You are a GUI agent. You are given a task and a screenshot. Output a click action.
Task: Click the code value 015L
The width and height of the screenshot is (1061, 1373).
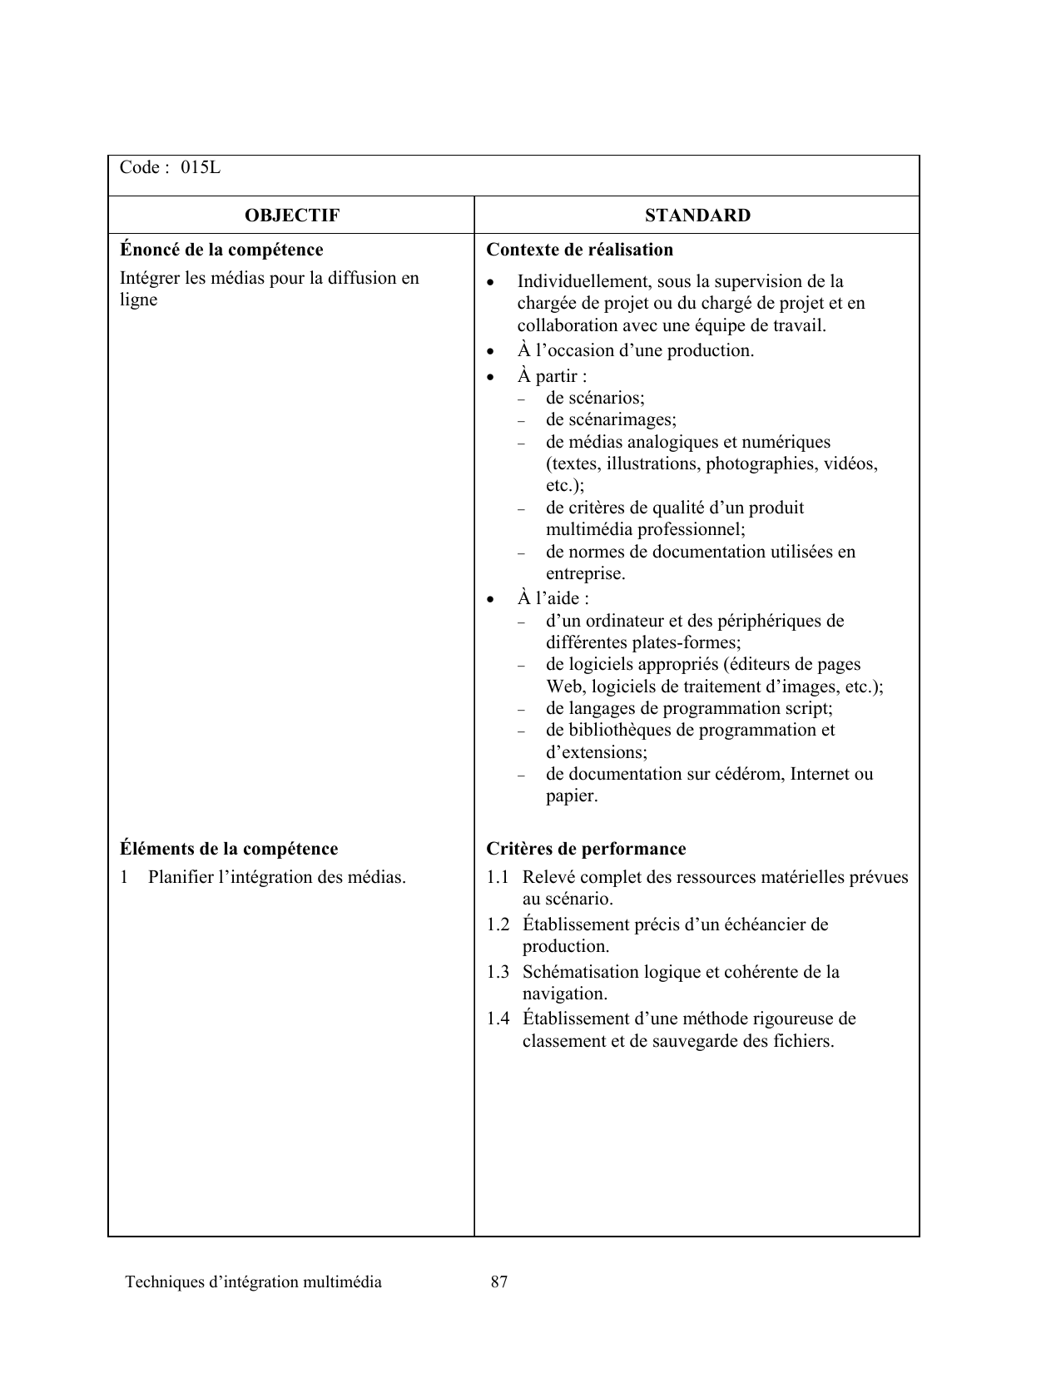pos(201,168)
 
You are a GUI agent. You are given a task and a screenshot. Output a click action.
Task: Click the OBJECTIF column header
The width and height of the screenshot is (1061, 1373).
pos(291,216)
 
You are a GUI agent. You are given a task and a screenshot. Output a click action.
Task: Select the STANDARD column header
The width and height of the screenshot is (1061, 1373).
pos(697,216)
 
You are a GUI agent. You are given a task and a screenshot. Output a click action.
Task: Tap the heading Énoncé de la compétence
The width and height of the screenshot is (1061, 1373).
pos(221,250)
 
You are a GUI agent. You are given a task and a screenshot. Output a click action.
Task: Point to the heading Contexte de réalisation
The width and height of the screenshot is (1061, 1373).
pos(579,250)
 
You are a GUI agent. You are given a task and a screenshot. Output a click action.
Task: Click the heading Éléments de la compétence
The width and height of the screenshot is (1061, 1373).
pos(229,849)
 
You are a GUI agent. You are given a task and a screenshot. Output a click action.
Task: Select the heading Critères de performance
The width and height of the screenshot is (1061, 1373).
pos(586,849)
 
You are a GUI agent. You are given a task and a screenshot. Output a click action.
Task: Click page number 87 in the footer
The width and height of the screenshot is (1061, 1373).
pos(499,1282)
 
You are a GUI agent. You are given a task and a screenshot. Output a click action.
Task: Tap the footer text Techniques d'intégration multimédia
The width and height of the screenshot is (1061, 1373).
pos(253,1282)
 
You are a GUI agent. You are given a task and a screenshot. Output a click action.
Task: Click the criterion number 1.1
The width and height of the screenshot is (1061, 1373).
pos(498,877)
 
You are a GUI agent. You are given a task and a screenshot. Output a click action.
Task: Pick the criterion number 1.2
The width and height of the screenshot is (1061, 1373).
pos(498,924)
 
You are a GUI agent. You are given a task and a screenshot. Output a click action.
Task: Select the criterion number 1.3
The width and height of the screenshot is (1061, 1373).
pos(498,972)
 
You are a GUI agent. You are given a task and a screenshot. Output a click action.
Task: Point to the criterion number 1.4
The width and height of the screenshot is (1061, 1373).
pos(498,1019)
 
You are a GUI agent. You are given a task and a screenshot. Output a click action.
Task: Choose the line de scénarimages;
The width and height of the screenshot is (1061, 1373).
pos(611,420)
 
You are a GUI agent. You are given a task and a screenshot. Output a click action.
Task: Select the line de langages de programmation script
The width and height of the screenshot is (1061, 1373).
pos(689,709)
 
